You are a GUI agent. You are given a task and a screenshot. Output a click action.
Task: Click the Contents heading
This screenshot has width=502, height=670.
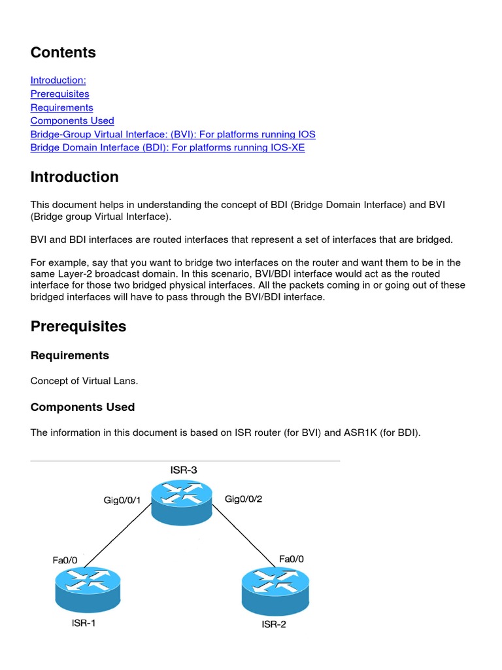point(63,52)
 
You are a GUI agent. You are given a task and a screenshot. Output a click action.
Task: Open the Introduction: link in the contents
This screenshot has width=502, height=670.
point(58,80)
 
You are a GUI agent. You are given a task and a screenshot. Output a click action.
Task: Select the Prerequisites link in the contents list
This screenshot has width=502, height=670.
point(59,94)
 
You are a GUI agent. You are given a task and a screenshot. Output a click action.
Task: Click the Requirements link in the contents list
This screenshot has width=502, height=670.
point(61,107)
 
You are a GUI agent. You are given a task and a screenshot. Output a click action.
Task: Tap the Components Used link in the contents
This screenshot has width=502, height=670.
point(72,120)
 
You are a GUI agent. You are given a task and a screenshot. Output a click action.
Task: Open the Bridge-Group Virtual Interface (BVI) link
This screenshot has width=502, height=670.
point(173,134)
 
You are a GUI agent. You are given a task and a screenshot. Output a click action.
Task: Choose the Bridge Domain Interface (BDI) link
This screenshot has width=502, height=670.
point(167,147)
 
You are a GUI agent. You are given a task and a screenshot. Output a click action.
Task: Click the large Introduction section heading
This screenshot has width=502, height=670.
point(75,177)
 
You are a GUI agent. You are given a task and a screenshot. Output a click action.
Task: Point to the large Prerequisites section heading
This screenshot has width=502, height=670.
point(78,326)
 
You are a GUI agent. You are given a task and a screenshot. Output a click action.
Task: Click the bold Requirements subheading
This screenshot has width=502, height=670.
point(70,355)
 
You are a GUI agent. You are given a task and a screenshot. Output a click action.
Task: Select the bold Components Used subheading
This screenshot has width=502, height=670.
point(82,407)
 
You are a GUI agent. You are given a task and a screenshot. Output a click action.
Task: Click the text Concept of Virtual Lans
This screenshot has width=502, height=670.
point(84,381)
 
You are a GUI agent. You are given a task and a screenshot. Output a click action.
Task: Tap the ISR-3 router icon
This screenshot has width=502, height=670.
point(182,501)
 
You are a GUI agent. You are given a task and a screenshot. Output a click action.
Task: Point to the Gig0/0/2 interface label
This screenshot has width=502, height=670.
point(243,499)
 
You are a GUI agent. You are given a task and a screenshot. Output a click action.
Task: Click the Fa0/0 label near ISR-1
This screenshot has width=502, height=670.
point(65,560)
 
